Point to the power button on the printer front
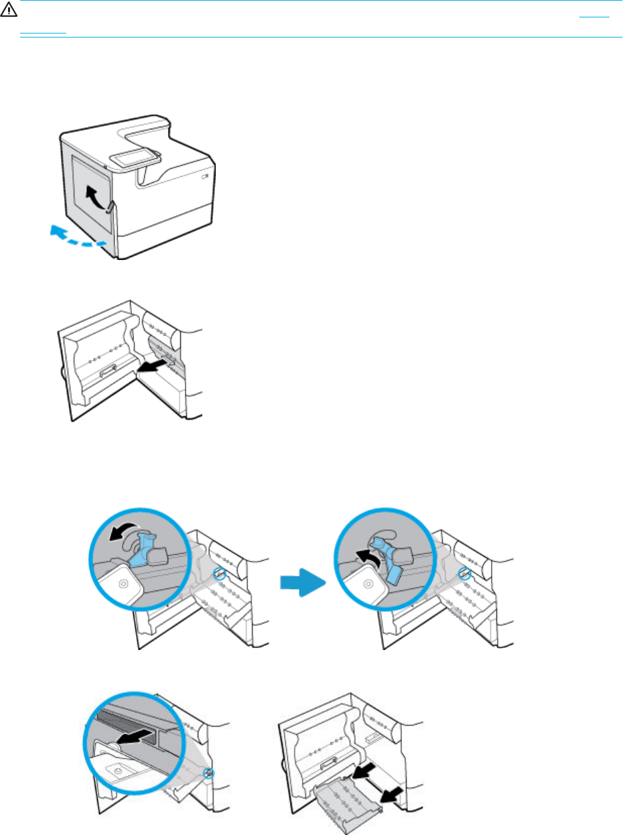(x=204, y=177)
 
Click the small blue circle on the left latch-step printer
(x=217, y=574)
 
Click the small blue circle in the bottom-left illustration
(x=210, y=772)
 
